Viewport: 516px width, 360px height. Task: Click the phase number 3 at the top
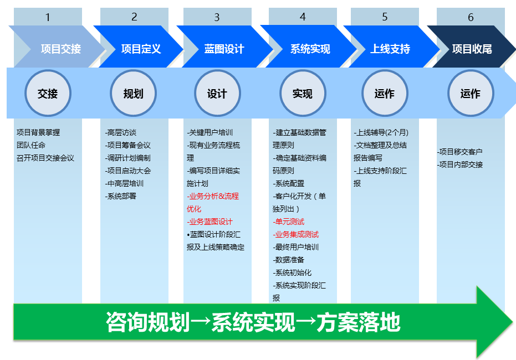pyautogui.click(x=217, y=17)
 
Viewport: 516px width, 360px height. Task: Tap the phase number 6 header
pyautogui.click(x=471, y=17)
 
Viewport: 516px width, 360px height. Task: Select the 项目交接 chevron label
pyautogui.click(x=61, y=49)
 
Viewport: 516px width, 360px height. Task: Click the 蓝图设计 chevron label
pyautogui.click(x=224, y=49)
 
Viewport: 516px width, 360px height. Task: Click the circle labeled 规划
pyautogui.click(x=133, y=94)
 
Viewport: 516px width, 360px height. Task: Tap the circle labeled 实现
pyautogui.click(x=303, y=94)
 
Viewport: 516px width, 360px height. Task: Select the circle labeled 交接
pyautogui.click(x=48, y=94)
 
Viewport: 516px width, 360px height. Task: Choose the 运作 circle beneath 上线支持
pyautogui.click(x=385, y=94)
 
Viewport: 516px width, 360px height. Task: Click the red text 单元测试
pyautogui.click(x=289, y=222)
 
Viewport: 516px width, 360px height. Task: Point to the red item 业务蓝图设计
pyautogui.click(x=210, y=222)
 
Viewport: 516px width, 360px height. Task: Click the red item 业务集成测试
pyautogui.click(x=296, y=234)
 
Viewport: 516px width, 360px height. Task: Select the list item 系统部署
pyautogui.click(x=121, y=196)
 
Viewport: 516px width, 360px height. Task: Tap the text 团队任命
pyautogui.click(x=31, y=145)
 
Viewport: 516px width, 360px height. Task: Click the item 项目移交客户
pyautogui.click(x=460, y=152)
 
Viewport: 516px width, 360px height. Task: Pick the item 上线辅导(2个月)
pyautogui.click(x=381, y=132)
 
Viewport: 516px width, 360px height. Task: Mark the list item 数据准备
pyautogui.click(x=289, y=260)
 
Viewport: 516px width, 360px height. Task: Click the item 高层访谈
pyautogui.click(x=121, y=132)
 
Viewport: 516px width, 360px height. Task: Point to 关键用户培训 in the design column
pyautogui.click(x=210, y=132)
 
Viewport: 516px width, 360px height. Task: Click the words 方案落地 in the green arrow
pyautogui.click(x=359, y=322)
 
